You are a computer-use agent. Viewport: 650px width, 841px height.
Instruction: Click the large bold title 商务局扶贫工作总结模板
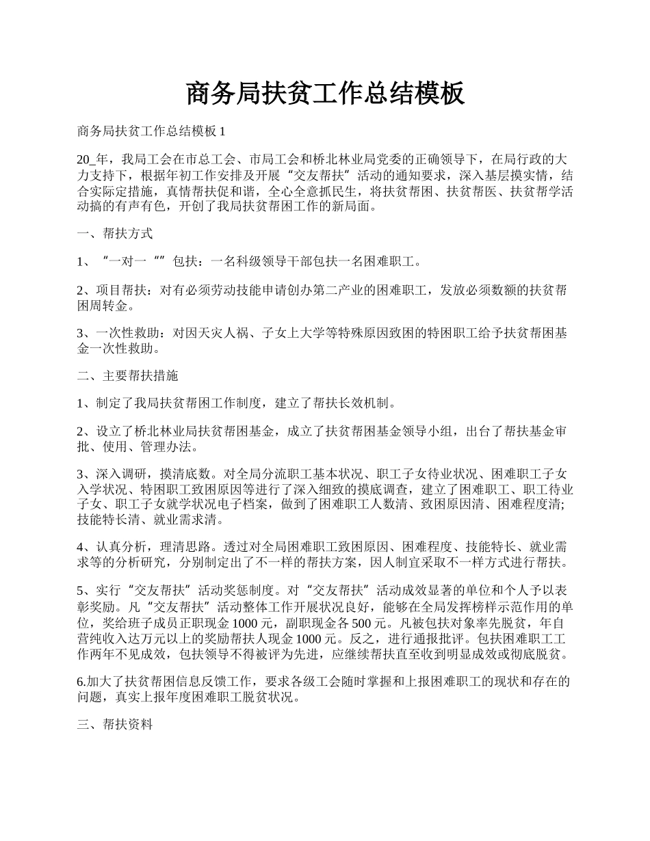coord(325,94)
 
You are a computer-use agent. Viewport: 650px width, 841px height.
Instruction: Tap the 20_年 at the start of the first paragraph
coord(92,159)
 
